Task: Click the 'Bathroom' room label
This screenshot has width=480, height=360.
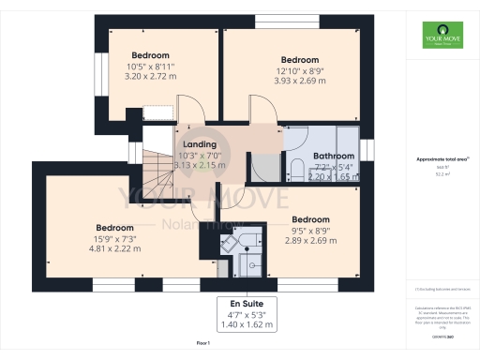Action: pos(333,156)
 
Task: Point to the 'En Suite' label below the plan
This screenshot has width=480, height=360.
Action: pos(248,303)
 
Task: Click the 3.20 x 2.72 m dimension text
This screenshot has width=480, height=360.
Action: pos(151,78)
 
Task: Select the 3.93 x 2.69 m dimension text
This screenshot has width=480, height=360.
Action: pos(299,80)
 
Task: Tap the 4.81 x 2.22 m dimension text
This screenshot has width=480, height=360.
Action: pos(114,248)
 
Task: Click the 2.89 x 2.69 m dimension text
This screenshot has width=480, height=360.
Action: pos(311,240)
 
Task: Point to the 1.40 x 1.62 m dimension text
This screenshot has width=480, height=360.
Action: pos(248,324)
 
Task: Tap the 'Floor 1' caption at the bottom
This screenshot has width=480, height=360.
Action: pos(202,345)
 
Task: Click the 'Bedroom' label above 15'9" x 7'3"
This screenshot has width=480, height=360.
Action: pos(114,227)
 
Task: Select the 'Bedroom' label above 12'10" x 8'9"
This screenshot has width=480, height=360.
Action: pos(299,59)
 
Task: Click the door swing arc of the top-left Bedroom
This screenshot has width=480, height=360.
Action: pos(187,109)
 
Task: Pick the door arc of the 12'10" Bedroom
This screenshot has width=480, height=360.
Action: pos(260,109)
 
